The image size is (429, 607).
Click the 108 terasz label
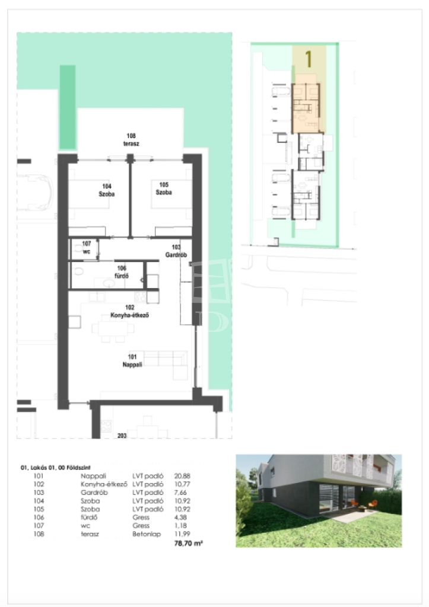(x=131, y=140)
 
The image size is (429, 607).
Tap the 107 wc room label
(x=87, y=247)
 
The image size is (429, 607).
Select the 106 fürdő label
(x=122, y=272)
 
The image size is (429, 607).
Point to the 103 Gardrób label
(x=176, y=251)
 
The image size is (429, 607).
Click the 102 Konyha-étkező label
(x=129, y=311)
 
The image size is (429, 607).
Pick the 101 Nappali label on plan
(x=132, y=361)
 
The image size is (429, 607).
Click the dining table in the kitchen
(x=113, y=328)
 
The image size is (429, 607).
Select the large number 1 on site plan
(x=309, y=59)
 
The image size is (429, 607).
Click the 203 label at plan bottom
(x=122, y=436)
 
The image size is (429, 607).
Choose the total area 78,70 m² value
(x=188, y=543)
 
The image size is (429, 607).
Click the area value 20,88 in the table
(x=182, y=476)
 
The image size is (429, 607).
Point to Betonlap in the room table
(x=147, y=534)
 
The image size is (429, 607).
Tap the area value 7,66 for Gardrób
(x=180, y=493)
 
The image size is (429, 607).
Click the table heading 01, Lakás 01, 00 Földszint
(x=55, y=468)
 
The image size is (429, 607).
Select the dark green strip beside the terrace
(x=68, y=107)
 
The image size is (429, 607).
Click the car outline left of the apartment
(x=35, y=193)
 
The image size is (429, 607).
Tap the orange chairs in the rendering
(x=363, y=504)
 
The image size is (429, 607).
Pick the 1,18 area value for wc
(x=180, y=525)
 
